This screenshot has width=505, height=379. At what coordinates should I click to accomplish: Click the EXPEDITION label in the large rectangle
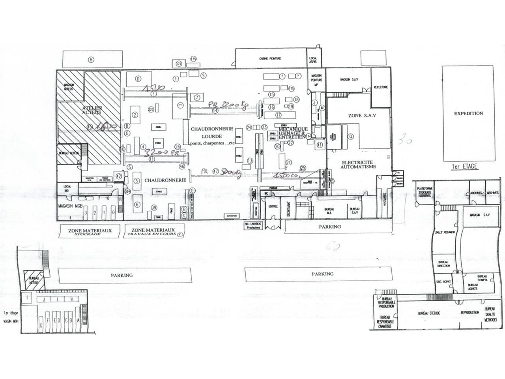468,113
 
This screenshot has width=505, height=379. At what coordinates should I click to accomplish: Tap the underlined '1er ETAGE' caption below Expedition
464,167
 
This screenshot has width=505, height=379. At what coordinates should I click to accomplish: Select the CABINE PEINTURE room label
270,58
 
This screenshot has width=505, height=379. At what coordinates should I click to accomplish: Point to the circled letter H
91,60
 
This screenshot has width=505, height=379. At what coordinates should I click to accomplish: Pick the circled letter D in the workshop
138,79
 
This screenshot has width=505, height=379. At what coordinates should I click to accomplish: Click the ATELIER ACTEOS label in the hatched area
92,110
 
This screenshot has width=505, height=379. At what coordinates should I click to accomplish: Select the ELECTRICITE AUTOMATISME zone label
359,164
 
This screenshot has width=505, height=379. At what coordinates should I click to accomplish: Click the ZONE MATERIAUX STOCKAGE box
90,232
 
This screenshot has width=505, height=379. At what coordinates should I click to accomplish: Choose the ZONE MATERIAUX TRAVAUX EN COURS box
153,232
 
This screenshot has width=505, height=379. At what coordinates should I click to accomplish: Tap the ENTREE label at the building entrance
271,206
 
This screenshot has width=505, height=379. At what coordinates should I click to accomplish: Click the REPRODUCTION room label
470,313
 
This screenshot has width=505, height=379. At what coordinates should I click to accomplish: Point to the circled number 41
319,145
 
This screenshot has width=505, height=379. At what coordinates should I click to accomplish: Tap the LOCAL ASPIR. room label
313,61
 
